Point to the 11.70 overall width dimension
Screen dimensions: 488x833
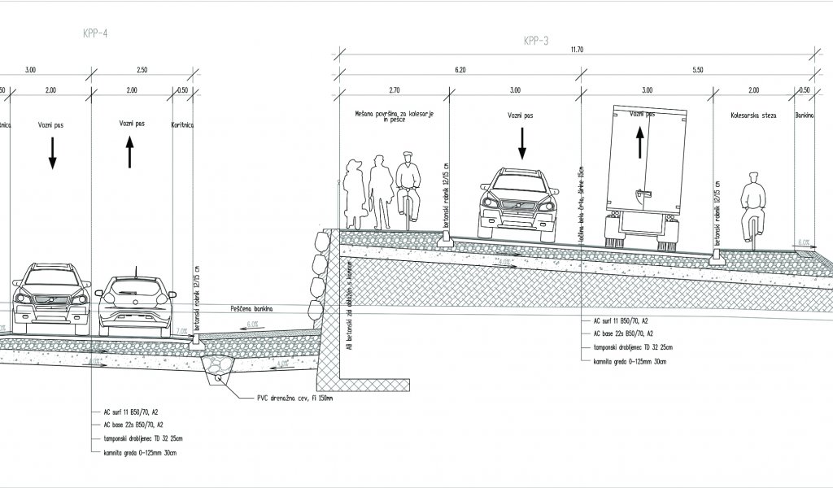[578, 50]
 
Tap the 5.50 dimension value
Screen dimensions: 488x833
[697, 71]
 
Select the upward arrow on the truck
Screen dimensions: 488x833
[639, 144]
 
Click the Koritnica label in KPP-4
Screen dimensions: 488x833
[182, 126]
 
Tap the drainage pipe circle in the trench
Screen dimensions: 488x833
[217, 375]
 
